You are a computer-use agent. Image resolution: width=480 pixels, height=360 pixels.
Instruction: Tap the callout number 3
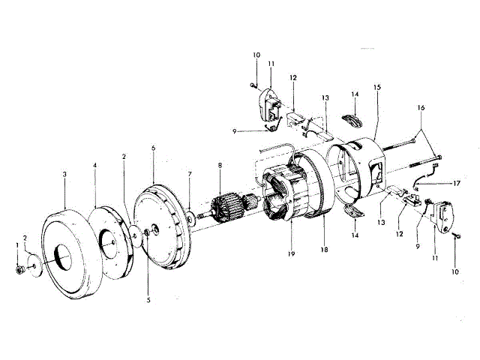pos(65,174)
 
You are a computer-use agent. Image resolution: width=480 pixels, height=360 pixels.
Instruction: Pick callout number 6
pos(153,148)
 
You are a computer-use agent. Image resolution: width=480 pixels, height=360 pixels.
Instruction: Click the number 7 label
pos(190,174)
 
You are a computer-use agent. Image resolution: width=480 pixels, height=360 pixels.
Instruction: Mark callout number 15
pos(377,88)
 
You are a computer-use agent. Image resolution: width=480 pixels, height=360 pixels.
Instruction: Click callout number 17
pos(455,182)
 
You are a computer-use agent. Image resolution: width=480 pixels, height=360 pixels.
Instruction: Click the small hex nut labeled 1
pos(18,268)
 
